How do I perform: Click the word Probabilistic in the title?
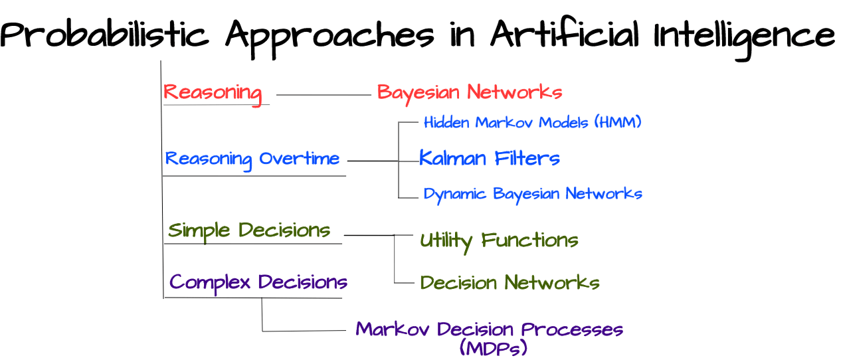(104, 34)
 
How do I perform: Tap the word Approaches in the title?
(329, 38)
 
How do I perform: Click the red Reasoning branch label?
(213, 94)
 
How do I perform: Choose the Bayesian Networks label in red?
(470, 93)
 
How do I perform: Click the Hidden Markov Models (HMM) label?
(532, 122)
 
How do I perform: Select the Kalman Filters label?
(489, 157)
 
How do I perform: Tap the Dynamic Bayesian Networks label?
(533, 195)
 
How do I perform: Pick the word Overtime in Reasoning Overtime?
(299, 159)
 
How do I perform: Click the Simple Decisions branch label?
(249, 231)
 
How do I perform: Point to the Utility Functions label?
(499, 241)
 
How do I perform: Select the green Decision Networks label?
(510, 282)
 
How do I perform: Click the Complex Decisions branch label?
(258, 283)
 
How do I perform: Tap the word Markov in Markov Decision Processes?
(393, 329)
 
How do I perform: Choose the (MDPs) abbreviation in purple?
(494, 347)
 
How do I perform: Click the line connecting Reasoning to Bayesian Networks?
(324, 95)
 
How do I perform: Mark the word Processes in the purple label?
(572, 329)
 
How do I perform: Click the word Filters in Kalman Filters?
(527, 158)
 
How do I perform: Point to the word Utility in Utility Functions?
(446, 242)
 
